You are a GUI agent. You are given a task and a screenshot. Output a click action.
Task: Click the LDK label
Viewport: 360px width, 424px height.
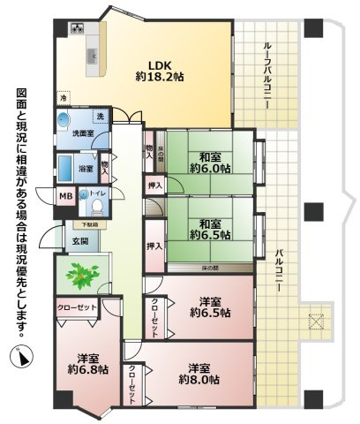(x=159, y=64)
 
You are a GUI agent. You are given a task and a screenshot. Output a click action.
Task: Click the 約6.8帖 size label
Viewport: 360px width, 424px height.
(x=86, y=370)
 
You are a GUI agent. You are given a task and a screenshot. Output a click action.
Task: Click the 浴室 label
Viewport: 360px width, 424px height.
(x=86, y=167)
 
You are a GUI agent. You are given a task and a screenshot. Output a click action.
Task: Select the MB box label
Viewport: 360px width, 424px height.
(x=66, y=197)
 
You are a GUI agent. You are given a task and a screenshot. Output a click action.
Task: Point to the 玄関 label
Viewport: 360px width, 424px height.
(x=80, y=241)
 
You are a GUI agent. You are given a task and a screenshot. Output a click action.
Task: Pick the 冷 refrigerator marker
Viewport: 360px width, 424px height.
(x=63, y=96)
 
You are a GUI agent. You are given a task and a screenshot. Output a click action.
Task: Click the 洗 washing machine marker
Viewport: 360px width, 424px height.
(x=100, y=117)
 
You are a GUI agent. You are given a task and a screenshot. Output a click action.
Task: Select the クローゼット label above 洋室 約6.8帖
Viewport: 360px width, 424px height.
(x=77, y=307)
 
